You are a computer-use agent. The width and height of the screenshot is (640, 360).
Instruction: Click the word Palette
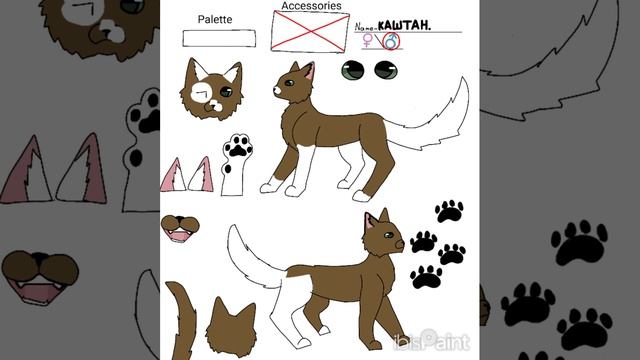point(215,20)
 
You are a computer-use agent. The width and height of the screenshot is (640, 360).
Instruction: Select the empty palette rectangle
point(219,38)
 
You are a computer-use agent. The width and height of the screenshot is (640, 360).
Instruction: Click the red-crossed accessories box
point(310,31)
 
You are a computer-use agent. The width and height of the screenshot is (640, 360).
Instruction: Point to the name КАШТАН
point(404,26)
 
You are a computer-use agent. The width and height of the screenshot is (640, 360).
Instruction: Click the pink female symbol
point(368,40)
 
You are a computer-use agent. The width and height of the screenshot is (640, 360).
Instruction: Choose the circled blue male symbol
point(391,41)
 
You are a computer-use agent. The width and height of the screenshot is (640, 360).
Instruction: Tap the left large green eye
point(353,70)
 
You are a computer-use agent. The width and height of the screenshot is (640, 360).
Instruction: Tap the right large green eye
point(386,70)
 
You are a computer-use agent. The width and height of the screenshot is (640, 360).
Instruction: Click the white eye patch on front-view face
point(200,92)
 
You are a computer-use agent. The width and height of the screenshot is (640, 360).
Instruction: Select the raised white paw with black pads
point(236,164)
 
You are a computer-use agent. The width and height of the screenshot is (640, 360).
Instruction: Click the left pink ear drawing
point(173,175)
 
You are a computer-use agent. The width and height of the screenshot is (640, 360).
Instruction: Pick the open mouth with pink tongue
point(180,229)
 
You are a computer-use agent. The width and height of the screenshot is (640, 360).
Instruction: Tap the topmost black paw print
point(449,211)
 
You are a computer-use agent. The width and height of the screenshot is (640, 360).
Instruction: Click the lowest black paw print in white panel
point(427,277)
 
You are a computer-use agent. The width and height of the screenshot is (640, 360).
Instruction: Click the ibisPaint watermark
point(432,340)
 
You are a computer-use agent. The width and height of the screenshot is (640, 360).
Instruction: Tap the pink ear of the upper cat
point(310,71)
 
